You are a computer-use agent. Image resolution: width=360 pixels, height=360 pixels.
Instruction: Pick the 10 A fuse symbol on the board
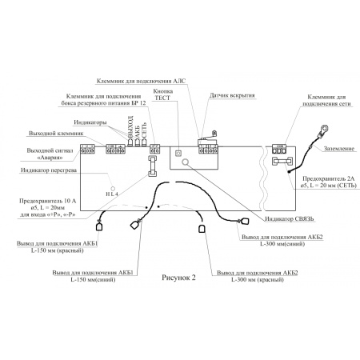click(x=151, y=162)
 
